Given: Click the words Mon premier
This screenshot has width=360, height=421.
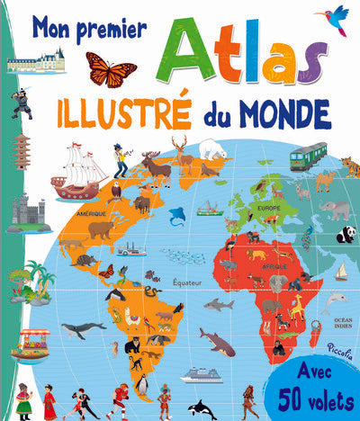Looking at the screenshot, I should coord(89,28).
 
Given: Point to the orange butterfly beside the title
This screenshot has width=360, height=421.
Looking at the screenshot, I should coord(111,69).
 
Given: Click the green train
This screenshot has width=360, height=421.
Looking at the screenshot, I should coord(308,155).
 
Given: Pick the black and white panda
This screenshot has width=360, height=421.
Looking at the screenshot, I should coord(346,235).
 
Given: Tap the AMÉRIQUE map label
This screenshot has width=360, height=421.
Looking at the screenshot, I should coord(91,214).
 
